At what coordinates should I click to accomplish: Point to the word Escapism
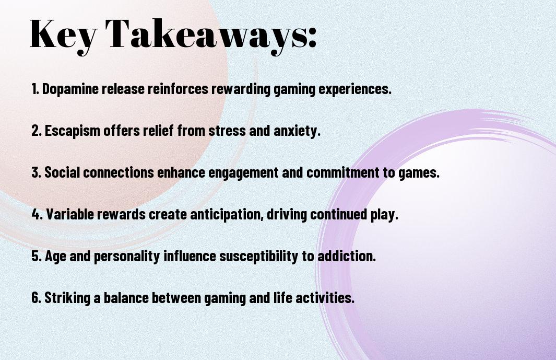click(73, 131)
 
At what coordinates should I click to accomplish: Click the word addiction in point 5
click(345, 256)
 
